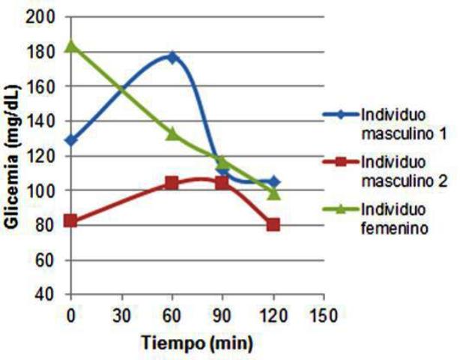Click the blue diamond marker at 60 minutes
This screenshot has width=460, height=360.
click(172, 57)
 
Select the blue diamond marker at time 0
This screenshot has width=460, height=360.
click(71, 140)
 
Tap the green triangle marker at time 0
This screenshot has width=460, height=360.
click(71, 46)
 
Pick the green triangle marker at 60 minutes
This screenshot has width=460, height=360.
click(172, 133)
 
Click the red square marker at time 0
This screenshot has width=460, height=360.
click(71, 220)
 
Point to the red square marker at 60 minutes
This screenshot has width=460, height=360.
click(172, 183)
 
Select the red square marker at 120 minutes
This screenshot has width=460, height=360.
click(273, 224)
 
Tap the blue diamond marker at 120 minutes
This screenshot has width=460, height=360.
click(273, 181)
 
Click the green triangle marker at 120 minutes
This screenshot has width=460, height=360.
click(273, 193)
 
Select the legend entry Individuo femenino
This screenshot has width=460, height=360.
click(394, 218)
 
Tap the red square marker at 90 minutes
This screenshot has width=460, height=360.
click(223, 183)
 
